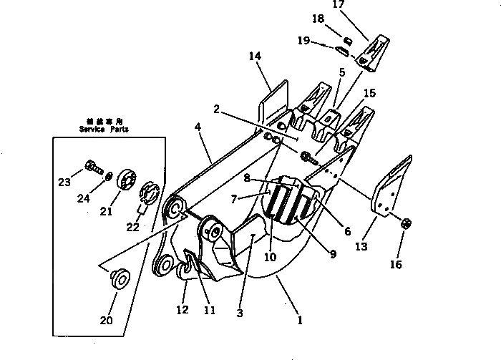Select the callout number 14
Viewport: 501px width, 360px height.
[255, 56]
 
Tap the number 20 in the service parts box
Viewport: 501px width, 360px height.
[106, 320]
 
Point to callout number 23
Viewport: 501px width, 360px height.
[64, 182]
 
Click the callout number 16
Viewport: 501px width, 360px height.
[395, 265]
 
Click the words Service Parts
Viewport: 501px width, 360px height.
[103, 130]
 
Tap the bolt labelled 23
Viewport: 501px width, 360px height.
[91, 168]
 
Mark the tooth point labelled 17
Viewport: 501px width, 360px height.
[375, 52]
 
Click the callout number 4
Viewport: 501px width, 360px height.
[198, 128]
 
